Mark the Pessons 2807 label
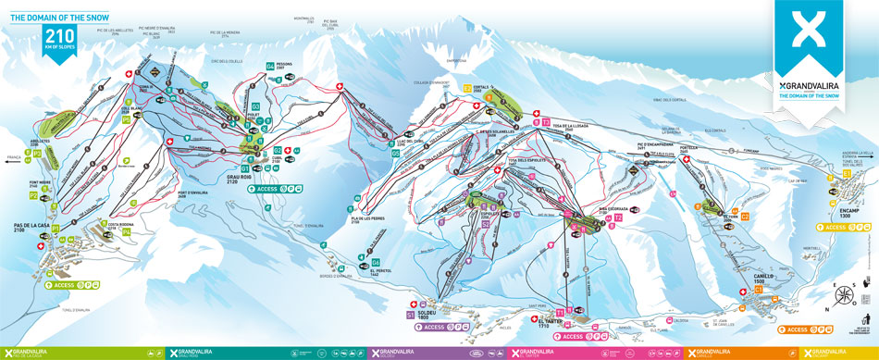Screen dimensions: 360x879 (285, 66)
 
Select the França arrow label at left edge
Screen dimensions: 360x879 (12, 158)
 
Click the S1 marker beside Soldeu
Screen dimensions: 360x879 (411, 315)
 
